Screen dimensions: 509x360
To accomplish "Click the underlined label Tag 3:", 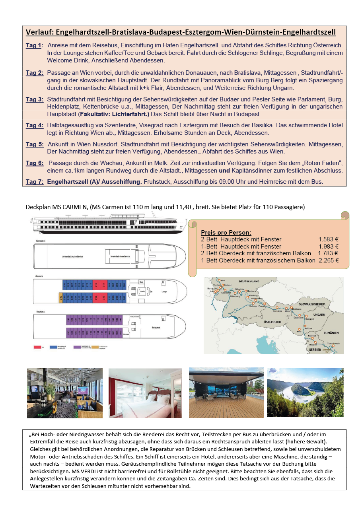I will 35,99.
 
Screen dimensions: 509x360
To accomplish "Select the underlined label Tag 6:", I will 35,163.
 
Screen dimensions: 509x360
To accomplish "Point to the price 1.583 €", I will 328,239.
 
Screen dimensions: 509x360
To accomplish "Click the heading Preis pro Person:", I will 226,233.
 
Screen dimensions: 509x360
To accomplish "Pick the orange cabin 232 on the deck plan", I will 61,297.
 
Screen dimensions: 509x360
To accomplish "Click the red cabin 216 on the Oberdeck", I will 96,285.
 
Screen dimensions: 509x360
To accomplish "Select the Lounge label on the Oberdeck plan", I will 164,291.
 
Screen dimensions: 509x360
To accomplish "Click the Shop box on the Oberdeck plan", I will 141,282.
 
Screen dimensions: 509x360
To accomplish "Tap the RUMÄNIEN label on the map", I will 331,332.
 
